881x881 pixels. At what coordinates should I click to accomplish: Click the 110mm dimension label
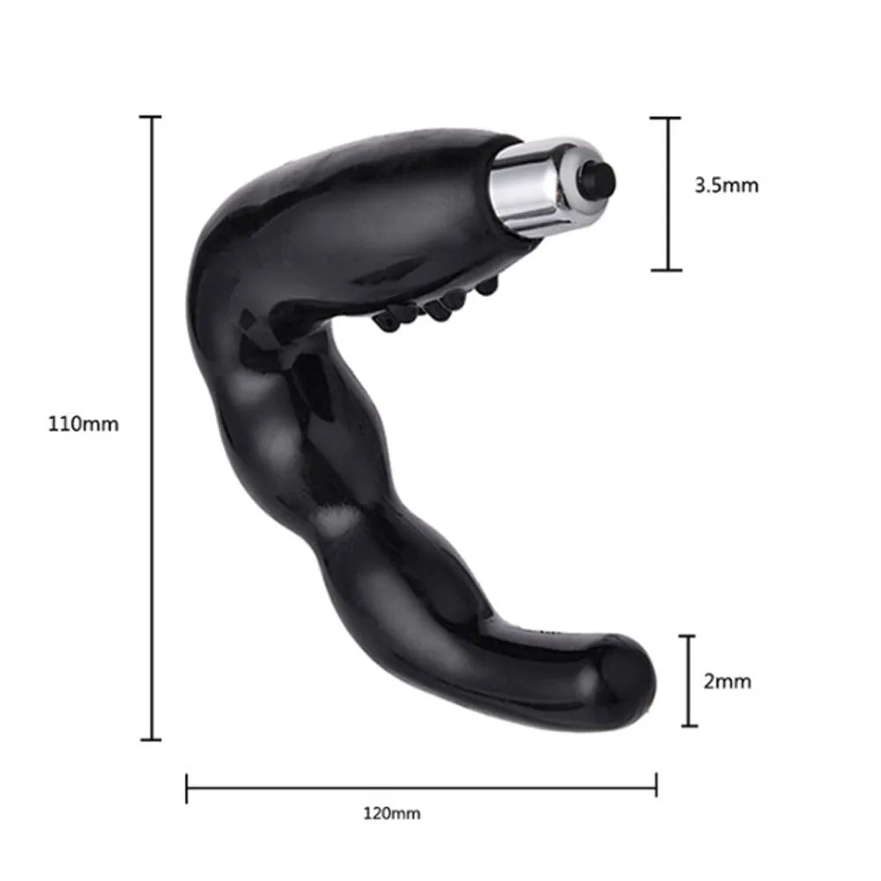84,424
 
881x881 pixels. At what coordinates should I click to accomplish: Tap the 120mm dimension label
391,813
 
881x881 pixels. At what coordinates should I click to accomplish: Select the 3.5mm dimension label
726,186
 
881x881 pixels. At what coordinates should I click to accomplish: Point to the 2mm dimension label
728,681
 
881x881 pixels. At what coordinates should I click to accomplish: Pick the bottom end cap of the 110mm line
152,738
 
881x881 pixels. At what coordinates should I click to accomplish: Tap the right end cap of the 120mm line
656,776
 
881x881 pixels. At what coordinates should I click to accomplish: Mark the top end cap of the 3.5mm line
667,117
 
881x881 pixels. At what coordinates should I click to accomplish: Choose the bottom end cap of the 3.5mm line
667,270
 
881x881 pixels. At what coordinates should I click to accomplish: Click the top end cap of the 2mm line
687,636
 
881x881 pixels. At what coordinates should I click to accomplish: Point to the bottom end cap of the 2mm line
687,726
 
